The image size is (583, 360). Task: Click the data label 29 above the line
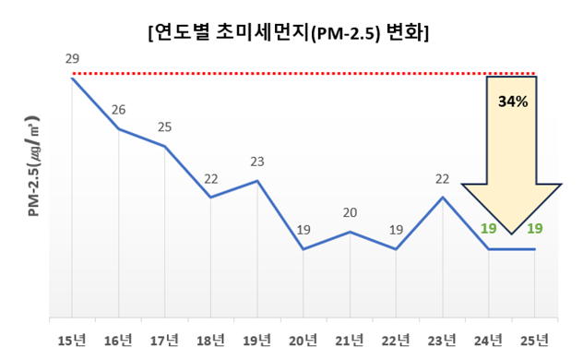coord(72,59)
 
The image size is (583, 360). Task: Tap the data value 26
coord(118,110)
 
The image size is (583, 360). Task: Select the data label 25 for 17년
coord(164,127)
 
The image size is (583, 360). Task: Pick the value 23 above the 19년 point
coord(257,162)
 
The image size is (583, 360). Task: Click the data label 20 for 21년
coord(350,213)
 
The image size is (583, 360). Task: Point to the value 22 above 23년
coord(442,179)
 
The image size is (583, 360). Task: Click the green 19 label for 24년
coord(489,229)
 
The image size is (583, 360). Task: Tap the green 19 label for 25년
coord(535,229)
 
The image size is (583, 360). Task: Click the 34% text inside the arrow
coord(512,102)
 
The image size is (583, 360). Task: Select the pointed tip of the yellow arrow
coord(511,234)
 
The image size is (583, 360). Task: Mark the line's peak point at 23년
coord(443,198)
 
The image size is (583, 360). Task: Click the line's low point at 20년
coord(303,249)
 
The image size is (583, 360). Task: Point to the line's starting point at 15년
coord(72,78)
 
